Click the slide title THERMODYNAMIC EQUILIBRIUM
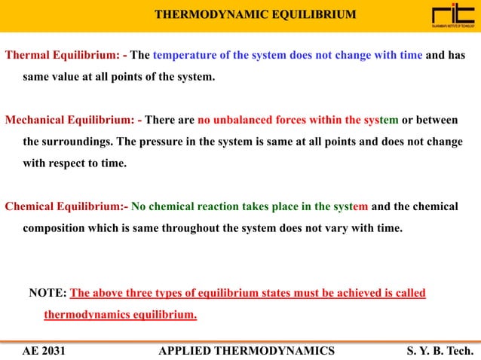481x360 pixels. point(255,15)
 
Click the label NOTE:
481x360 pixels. point(47,293)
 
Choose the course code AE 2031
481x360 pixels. point(44,350)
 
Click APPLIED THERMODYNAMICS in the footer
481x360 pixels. point(247,350)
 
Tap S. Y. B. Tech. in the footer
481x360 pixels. point(439,350)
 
